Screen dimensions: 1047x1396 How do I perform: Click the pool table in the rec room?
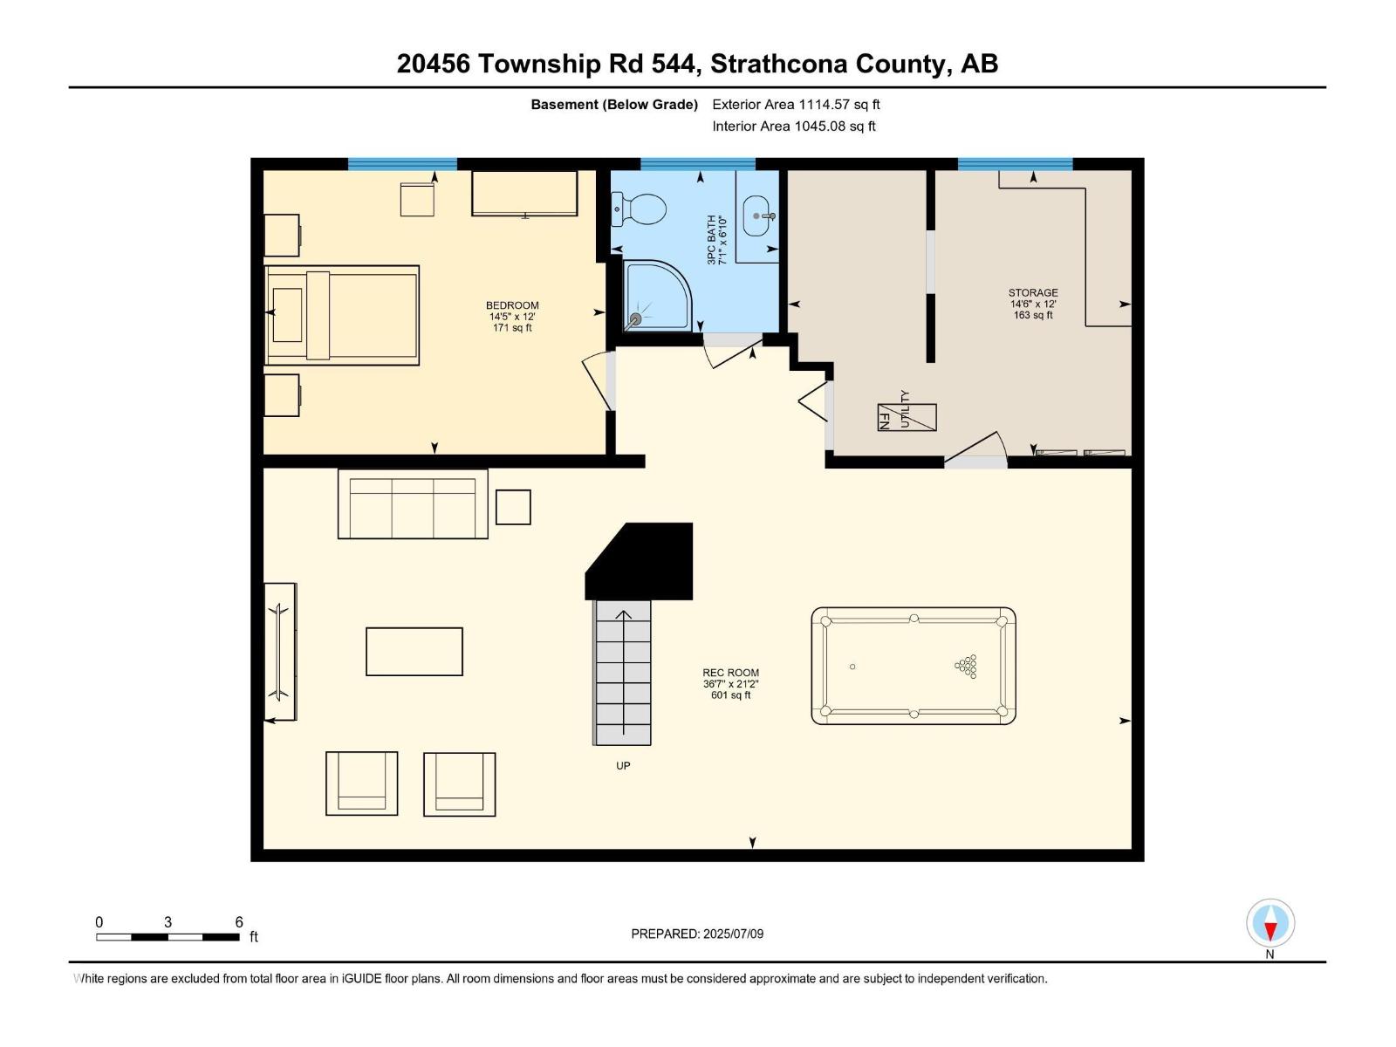pos(914,667)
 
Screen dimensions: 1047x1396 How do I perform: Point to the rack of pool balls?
pos(967,667)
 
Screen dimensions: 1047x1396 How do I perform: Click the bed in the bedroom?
pos(342,315)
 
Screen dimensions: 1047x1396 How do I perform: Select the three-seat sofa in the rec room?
pos(413,504)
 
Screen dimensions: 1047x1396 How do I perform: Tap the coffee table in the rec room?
pos(414,651)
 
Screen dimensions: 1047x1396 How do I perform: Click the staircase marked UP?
pos(623,672)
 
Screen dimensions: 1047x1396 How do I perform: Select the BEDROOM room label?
pos(512,305)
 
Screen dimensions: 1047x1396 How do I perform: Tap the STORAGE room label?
pos(1033,293)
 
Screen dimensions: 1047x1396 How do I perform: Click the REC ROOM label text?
pos(730,673)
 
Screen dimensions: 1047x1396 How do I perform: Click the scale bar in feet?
pos(168,937)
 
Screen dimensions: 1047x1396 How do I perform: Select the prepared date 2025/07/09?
pos(697,934)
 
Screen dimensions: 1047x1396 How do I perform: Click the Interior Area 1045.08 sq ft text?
pos(793,127)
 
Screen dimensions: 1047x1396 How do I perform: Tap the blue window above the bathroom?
pos(698,164)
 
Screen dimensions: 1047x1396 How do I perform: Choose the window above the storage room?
pos(1015,164)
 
